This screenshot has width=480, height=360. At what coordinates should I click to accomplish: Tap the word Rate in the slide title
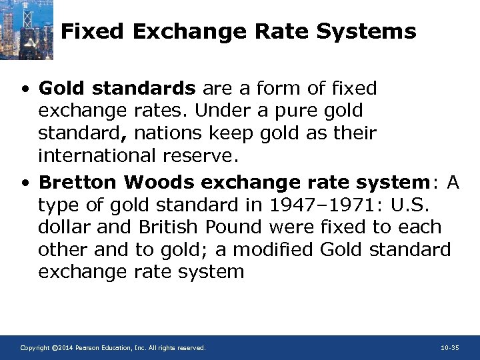275,31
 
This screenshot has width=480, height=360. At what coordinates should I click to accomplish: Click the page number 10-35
449,348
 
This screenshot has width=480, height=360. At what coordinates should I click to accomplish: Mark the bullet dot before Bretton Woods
25,183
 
